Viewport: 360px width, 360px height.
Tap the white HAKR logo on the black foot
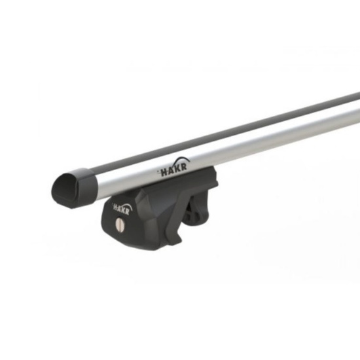[122, 208]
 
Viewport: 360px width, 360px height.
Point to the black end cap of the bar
[74, 188]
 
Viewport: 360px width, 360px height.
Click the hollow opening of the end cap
[66, 187]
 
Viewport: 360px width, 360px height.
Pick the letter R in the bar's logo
[183, 166]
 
